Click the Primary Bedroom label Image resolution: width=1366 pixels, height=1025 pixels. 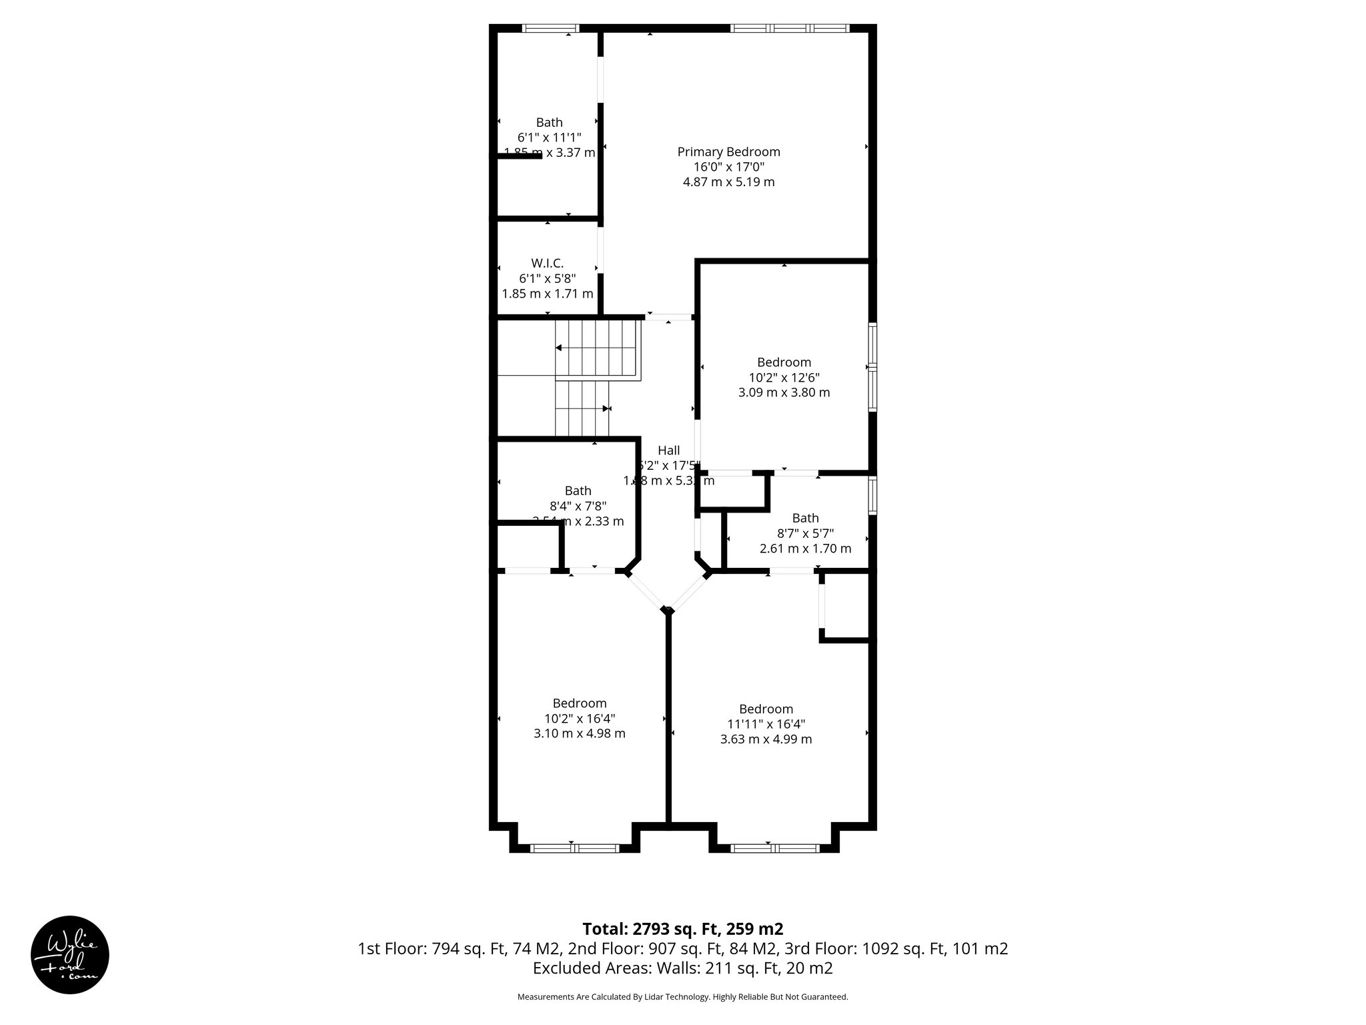(728, 152)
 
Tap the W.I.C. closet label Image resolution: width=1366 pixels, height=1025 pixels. (547, 264)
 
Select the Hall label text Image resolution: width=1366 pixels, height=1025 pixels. (668, 450)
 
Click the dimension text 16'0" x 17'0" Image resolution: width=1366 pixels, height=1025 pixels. (728, 167)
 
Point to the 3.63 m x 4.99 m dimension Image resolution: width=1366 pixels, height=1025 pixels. (766, 739)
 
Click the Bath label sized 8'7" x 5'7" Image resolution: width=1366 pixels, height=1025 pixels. (805, 519)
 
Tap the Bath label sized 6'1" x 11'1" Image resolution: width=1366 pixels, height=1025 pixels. (549, 123)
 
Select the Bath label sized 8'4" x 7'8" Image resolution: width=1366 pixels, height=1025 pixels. (578, 491)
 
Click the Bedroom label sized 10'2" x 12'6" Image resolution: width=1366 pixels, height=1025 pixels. (784, 362)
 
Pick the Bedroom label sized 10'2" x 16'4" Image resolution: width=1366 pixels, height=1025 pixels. (579, 703)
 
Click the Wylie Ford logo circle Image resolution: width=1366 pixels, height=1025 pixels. (70, 955)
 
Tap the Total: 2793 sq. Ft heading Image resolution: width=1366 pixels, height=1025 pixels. (682, 929)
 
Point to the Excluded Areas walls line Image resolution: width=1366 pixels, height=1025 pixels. (682, 968)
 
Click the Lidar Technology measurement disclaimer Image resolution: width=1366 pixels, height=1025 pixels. (682, 997)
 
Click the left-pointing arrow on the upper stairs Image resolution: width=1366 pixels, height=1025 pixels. (559, 348)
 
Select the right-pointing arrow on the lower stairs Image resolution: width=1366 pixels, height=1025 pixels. (606, 408)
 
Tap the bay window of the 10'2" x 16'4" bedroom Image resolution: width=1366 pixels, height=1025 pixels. (574, 848)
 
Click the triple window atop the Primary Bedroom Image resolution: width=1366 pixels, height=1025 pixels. (790, 29)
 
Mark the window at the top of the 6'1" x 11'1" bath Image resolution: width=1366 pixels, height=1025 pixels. (550, 29)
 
